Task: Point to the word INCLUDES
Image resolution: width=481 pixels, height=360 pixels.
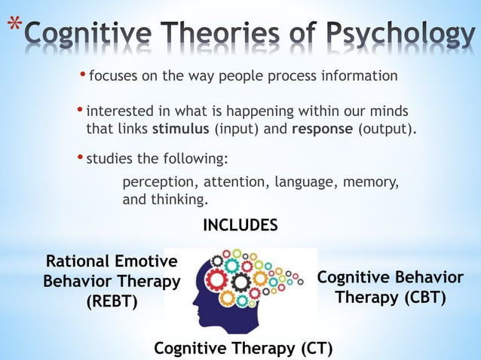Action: point(240,225)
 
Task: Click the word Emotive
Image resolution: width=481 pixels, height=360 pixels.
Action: point(146,261)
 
